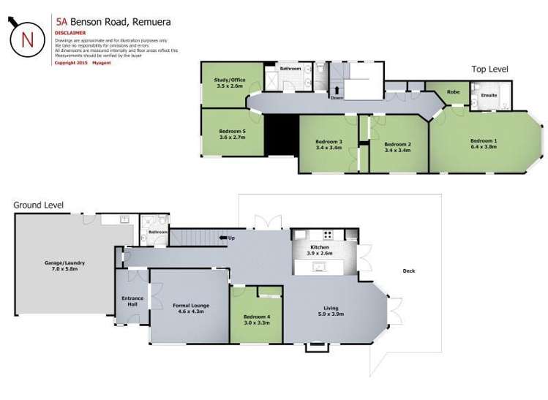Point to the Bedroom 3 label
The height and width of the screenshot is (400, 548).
tap(329, 141)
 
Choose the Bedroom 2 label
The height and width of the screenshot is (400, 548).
tap(397, 144)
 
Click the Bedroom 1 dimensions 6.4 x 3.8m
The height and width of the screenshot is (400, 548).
tap(483, 146)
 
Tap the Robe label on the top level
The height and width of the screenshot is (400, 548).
tap(453, 92)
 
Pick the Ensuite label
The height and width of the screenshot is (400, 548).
tap(489, 95)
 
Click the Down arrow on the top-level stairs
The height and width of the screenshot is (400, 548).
tap(337, 91)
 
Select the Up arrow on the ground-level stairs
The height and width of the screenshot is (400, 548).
tap(222, 238)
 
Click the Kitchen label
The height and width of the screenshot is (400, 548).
tap(320, 247)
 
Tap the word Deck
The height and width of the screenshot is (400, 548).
tap(408, 271)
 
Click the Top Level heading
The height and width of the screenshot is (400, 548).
tap(489, 69)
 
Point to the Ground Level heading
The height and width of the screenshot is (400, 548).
tap(39, 205)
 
